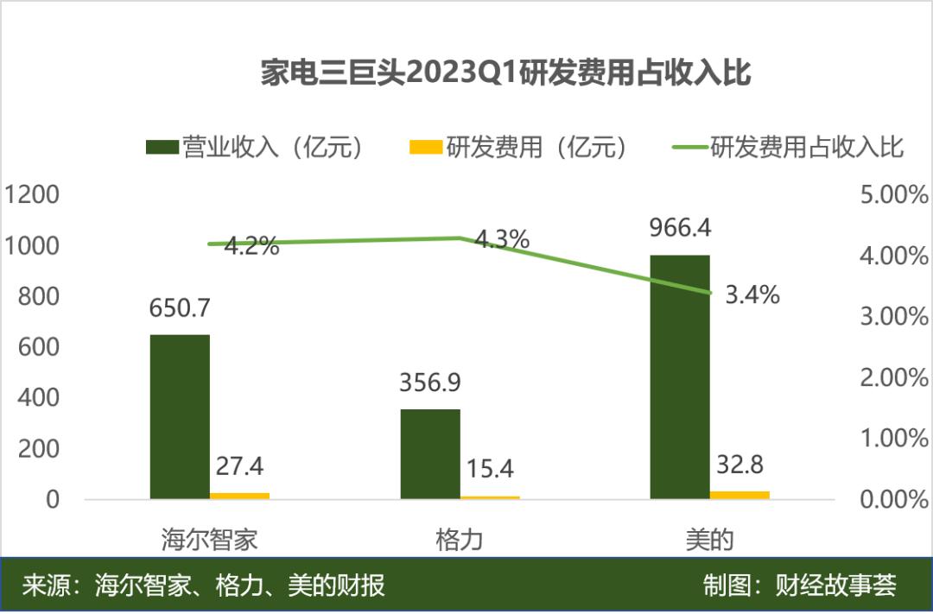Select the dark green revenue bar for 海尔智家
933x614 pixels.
[x=180, y=416]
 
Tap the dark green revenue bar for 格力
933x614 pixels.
[x=430, y=453]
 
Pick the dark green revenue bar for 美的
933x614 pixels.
[x=680, y=377]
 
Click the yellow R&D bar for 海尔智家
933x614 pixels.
[x=239, y=496]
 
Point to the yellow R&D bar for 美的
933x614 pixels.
[x=739, y=495]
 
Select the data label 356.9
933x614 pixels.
[x=430, y=383]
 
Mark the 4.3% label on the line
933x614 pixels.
[x=502, y=240]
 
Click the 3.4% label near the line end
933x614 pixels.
[x=752, y=295]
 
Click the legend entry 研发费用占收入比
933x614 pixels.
[x=788, y=148]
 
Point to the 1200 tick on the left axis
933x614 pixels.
[x=32, y=195]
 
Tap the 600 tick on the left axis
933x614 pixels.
[x=40, y=347]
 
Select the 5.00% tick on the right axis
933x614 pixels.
[x=894, y=195]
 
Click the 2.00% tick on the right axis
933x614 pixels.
[x=894, y=377]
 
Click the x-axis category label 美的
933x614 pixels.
[x=709, y=541]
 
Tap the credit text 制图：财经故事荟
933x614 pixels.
[x=800, y=586]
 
